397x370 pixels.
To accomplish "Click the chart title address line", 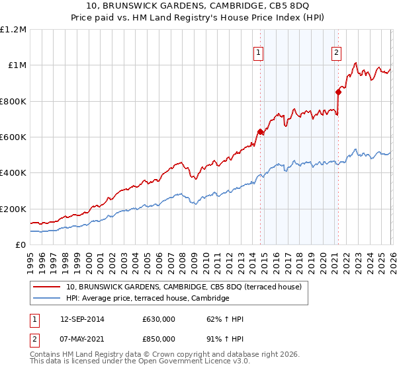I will point(198,7).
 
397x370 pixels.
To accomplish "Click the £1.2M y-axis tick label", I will point(13,30).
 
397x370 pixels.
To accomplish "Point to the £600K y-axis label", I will point(13,137).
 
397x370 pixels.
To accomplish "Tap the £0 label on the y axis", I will point(20,245).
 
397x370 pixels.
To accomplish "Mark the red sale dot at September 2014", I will point(260,132).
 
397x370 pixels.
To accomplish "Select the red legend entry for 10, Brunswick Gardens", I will point(184,287).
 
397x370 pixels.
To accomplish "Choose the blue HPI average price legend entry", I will point(147,299).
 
